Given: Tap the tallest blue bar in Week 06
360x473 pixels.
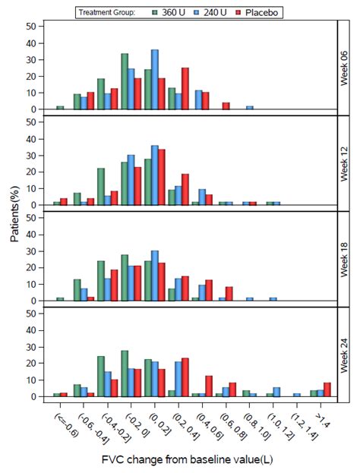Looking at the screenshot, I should (x=155, y=79).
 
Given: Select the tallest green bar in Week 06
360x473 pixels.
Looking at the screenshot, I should (x=124, y=81).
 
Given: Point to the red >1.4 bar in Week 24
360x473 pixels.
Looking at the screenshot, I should (x=327, y=389).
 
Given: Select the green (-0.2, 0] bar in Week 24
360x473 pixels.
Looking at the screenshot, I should (x=124, y=373).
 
